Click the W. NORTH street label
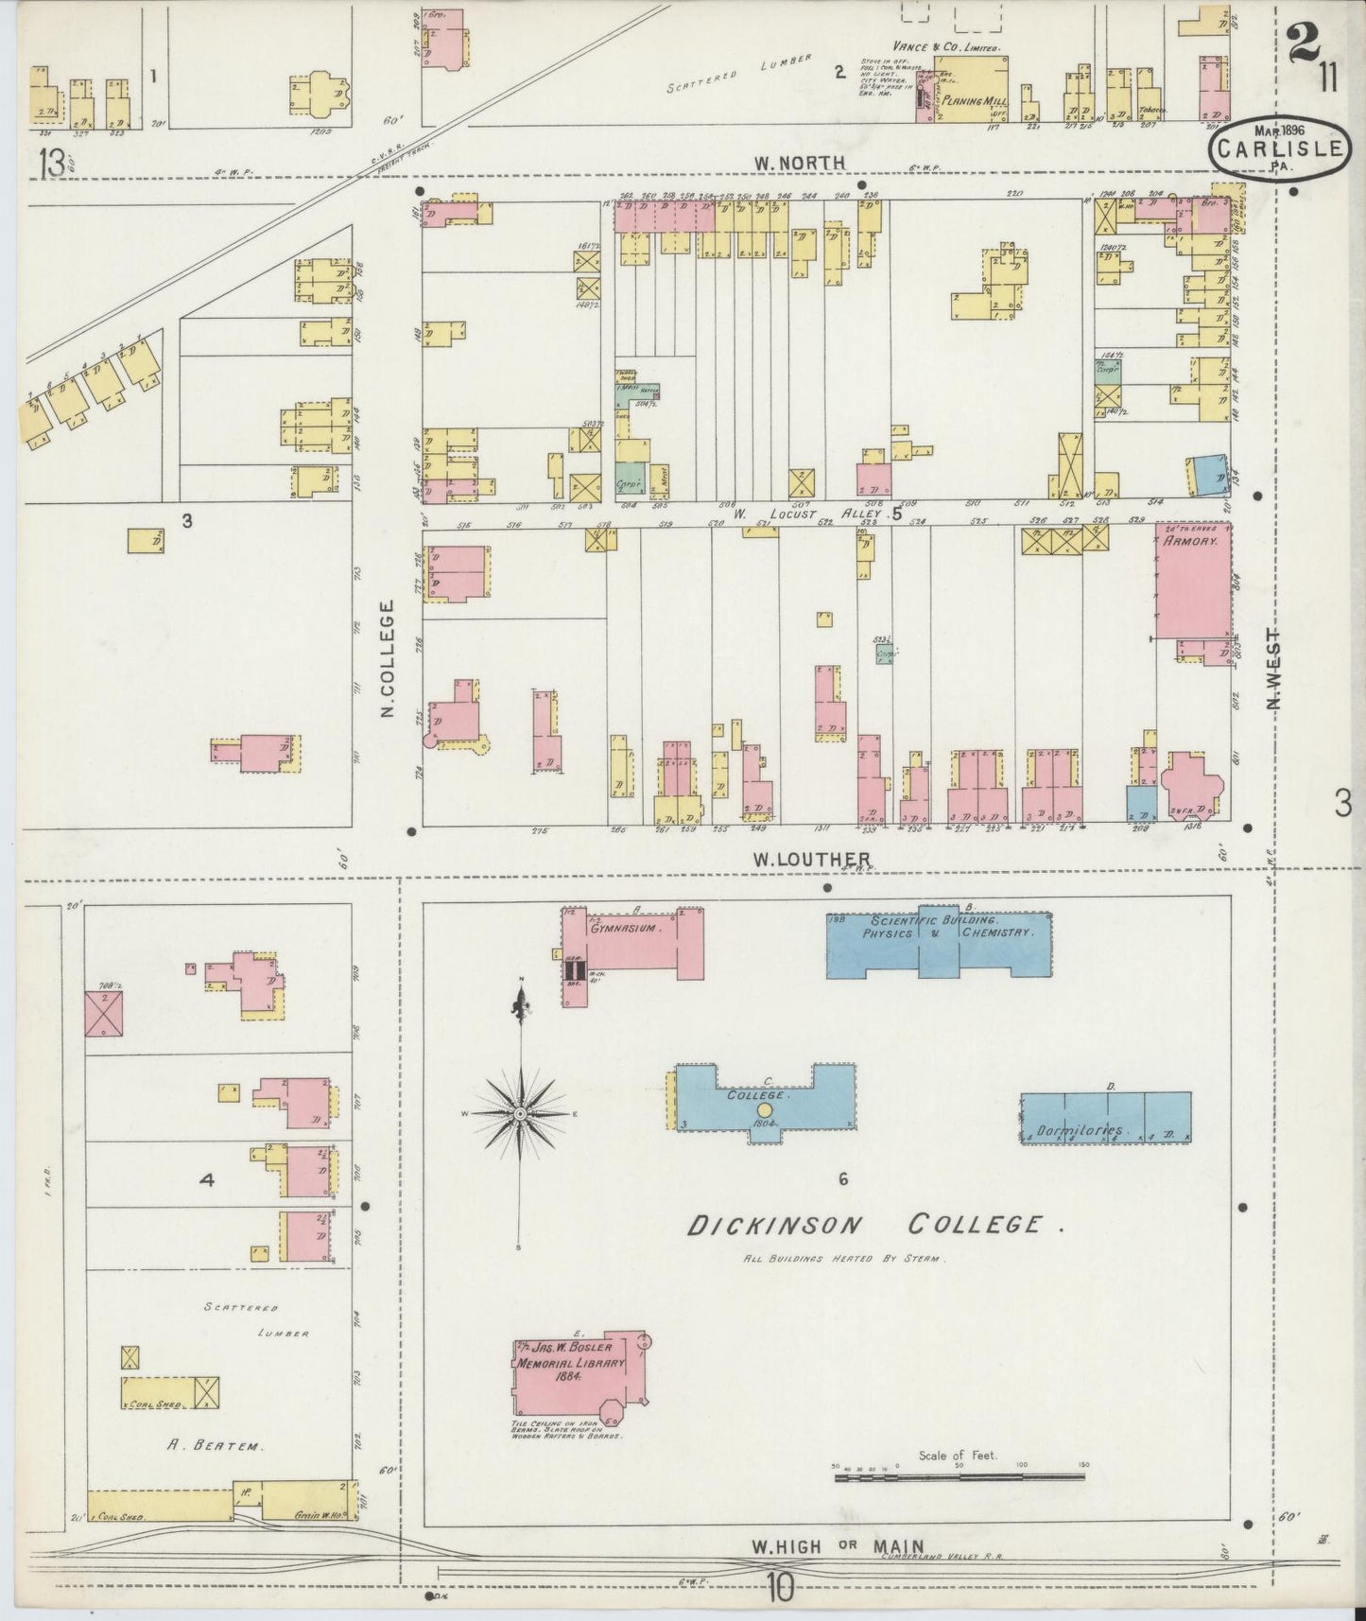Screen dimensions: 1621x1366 click(x=799, y=163)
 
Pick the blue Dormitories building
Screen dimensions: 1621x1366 click(x=1104, y=1118)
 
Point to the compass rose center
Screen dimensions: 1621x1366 click(x=520, y=1116)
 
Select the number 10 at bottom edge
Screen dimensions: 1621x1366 click(x=781, y=1589)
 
